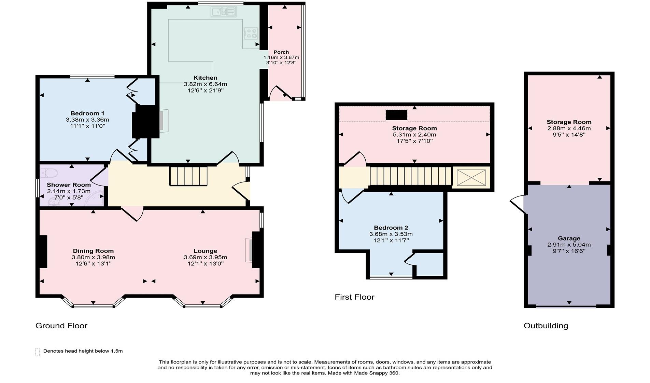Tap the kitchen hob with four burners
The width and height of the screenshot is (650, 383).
click(x=251, y=33)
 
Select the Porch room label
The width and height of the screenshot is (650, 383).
click(x=281, y=52)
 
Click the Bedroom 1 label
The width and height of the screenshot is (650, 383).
click(x=87, y=113)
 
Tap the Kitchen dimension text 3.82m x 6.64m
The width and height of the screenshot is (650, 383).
click(x=205, y=84)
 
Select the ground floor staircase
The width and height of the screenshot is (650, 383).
click(x=188, y=176)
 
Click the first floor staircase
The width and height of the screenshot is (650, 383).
click(x=411, y=176)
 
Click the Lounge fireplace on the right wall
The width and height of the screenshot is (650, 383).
click(x=250, y=250)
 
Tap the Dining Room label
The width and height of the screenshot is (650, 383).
click(x=93, y=251)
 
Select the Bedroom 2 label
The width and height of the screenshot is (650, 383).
click(x=391, y=228)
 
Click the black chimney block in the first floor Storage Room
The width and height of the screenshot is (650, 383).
click(x=396, y=115)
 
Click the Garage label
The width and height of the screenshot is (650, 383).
click(x=569, y=238)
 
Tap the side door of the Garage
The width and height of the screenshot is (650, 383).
click(x=517, y=204)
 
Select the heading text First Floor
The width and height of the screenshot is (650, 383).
click(x=354, y=297)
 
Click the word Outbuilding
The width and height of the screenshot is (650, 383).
click(x=546, y=326)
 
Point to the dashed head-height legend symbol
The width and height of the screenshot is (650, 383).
click(x=37, y=352)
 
